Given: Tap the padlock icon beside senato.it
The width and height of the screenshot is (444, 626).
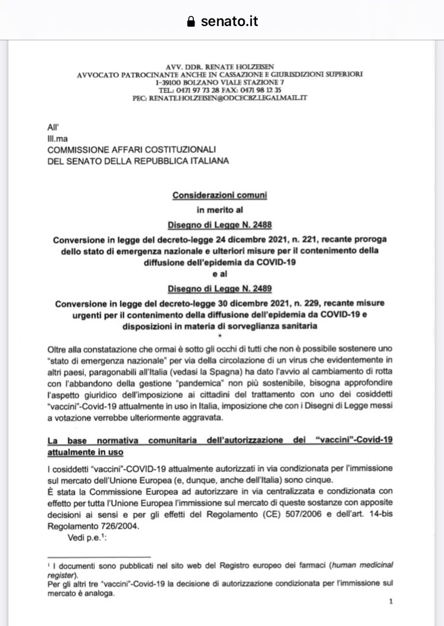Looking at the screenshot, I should coord(191,22).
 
